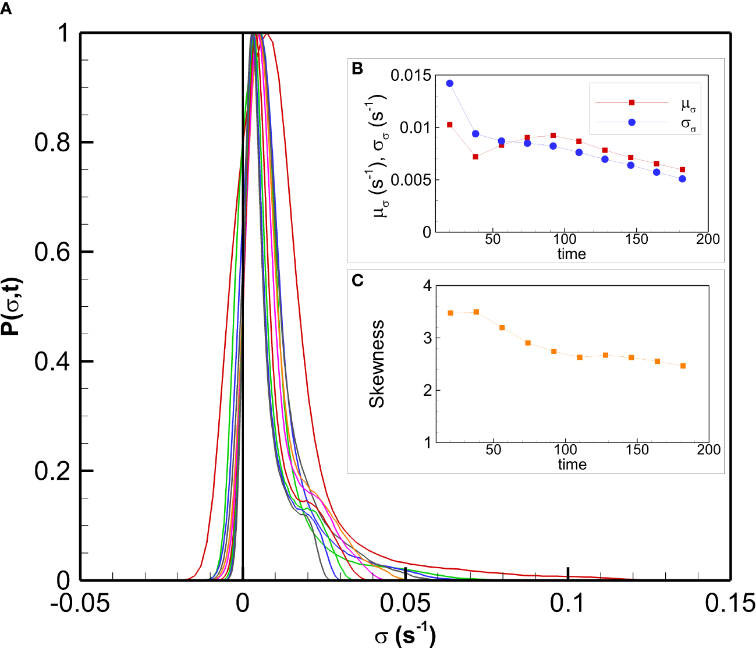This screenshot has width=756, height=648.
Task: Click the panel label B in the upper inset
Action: (357, 69)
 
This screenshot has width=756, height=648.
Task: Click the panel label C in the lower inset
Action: (358, 281)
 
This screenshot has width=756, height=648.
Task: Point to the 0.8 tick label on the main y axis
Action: (53, 143)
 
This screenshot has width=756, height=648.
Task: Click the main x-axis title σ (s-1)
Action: (404, 635)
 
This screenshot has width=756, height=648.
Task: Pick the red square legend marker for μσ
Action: (631, 102)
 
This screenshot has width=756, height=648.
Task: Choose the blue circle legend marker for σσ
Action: (631, 122)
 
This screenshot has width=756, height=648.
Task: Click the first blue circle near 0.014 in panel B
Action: (449, 83)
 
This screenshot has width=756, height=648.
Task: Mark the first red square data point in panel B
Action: (449, 125)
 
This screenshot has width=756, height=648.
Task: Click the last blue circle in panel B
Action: (682, 179)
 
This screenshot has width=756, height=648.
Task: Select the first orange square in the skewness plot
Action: (450, 313)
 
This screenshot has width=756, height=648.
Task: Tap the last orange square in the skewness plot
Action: (683, 366)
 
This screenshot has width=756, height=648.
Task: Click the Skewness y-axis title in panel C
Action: (377, 363)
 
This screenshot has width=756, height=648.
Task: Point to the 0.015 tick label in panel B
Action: (411, 76)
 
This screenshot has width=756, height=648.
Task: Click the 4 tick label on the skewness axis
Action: (428, 286)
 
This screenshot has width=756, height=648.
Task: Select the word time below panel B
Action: (572, 254)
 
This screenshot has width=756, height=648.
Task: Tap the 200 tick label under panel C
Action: (708, 450)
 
